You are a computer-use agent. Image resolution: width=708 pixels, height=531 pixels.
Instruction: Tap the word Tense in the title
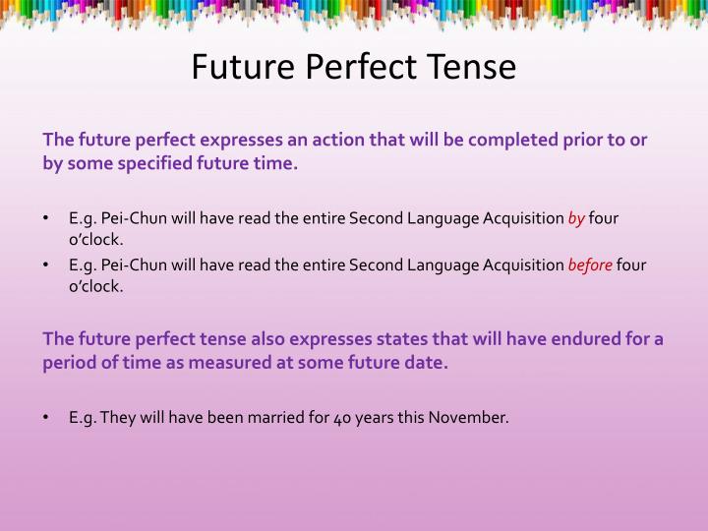coord(471,66)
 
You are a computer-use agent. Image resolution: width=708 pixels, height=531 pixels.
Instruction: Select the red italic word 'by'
coord(575,218)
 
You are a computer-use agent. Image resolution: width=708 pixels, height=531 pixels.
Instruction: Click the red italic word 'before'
coord(590,265)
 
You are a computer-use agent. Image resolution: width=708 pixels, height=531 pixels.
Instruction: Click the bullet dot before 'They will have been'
coord(47,417)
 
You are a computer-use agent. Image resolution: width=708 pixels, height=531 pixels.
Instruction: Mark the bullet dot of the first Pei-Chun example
coord(47,218)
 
